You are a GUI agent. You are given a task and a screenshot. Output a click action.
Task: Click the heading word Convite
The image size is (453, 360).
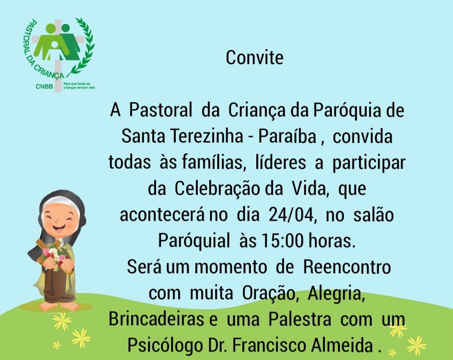[x=255, y=57]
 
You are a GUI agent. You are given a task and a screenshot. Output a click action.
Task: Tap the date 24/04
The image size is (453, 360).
[x=291, y=215]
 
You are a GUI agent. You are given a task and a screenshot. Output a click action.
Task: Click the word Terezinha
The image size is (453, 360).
[x=206, y=136]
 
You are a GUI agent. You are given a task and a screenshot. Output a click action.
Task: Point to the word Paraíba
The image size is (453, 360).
[x=287, y=136]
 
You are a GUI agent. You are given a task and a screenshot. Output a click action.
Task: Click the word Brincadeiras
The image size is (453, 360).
[x=156, y=319]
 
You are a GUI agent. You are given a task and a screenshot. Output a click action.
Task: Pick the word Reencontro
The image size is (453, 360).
[x=347, y=267]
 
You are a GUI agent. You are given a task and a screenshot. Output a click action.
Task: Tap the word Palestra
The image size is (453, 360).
[x=299, y=319]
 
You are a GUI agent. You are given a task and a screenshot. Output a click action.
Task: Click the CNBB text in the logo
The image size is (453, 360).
[x=44, y=86]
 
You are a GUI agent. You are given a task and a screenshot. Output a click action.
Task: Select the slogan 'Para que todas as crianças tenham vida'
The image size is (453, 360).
[x=79, y=85]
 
